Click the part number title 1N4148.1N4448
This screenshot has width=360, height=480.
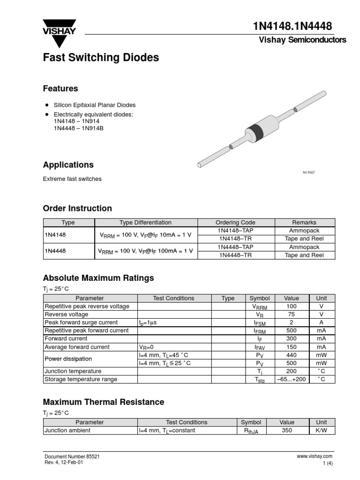(x=292, y=27)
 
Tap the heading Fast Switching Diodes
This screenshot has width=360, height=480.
(x=101, y=58)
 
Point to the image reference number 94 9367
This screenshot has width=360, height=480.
(x=308, y=172)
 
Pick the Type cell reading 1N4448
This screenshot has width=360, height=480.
(x=55, y=251)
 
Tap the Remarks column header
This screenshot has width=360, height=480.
(x=304, y=223)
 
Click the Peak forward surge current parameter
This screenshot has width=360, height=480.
(x=81, y=322)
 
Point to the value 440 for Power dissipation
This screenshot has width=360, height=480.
(x=291, y=355)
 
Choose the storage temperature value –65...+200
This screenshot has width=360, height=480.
(x=291, y=379)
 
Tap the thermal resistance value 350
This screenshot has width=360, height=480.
(x=287, y=430)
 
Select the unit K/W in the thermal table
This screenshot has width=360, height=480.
(x=322, y=430)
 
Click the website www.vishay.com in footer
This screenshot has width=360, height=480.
(x=315, y=456)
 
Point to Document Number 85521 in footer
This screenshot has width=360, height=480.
(x=72, y=456)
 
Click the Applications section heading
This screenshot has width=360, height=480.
(x=68, y=165)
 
